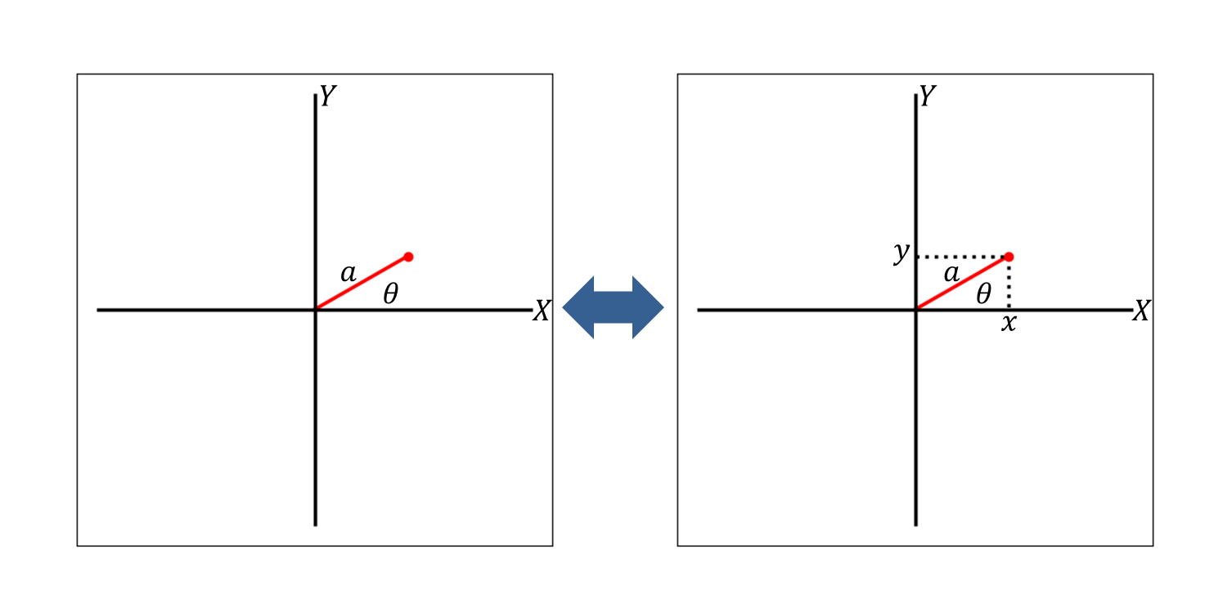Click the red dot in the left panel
[409, 257]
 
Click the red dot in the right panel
[1009, 257]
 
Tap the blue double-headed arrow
[613, 307]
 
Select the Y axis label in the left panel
[327, 96]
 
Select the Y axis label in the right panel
[928, 96]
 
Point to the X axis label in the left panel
[542, 311]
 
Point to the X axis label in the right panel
[1142, 311]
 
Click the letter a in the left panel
[348, 274]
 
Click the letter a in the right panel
[951, 274]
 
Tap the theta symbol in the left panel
[391, 293]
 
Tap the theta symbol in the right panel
[983, 293]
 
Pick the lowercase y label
[902, 253]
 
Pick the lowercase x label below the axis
[1009, 324]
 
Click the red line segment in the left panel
[362, 283]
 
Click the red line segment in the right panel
[962, 283]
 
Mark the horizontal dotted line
[962, 257]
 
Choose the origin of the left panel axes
[316, 310]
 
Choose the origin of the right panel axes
[916, 310]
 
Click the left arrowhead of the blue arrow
[578, 307]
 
